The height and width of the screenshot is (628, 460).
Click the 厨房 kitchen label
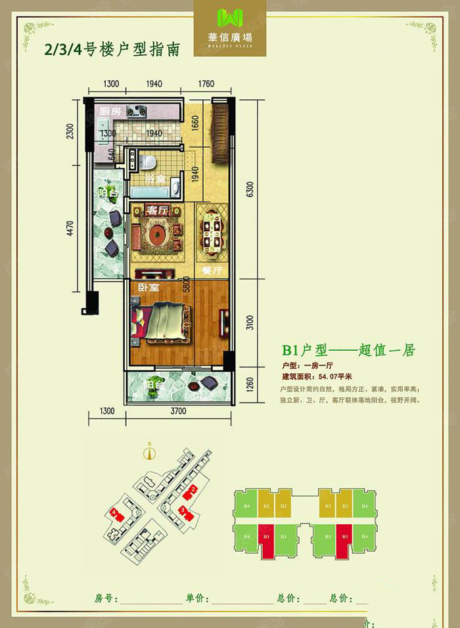110,112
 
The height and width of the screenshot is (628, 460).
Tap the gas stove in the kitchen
139,111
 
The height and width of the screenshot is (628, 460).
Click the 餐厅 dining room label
211,270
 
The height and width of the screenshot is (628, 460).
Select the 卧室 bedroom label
148,288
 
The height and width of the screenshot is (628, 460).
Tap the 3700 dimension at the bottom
178,412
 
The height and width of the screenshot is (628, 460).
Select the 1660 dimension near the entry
195,123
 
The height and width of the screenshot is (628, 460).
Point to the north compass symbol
150,453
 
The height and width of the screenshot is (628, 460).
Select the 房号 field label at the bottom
106,599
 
